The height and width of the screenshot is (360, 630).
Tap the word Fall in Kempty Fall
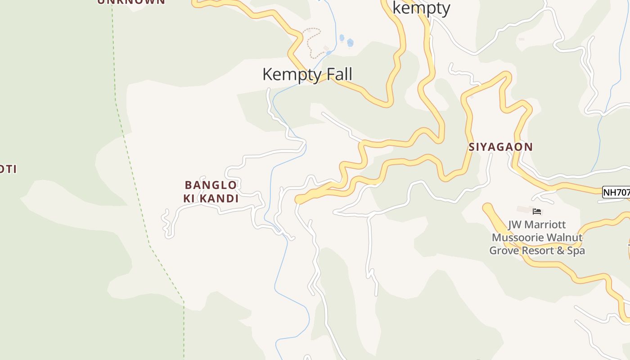pyautogui.click(x=337, y=74)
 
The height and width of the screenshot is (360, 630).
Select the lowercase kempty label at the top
pyautogui.click(x=421, y=8)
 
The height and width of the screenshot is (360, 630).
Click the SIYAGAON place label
pyautogui.click(x=501, y=147)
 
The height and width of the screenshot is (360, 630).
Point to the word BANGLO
pyautogui.click(x=211, y=185)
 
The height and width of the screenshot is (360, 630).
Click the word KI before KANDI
pyautogui.click(x=189, y=198)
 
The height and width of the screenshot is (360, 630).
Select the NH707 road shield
pyautogui.click(x=616, y=193)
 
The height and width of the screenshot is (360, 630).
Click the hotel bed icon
pyautogui.click(x=536, y=211)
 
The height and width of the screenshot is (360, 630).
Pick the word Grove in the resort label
pyautogui.click(x=504, y=251)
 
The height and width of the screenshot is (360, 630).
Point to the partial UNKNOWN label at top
pyautogui.click(x=131, y=2)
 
